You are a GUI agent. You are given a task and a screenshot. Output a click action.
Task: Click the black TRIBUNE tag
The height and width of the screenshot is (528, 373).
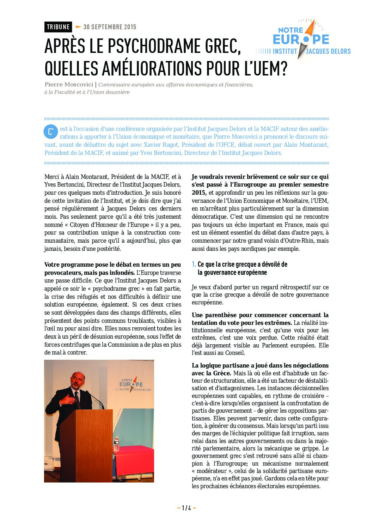click(x=58, y=27)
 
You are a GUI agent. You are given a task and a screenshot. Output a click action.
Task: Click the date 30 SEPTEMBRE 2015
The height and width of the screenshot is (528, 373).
click(x=110, y=27)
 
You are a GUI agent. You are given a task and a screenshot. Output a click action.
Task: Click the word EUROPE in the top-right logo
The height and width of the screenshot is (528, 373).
click(x=301, y=40)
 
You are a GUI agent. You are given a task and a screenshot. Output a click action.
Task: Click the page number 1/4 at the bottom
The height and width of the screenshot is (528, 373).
click(x=186, y=508)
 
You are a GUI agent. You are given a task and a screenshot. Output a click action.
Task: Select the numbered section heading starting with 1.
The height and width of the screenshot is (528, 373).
click(x=240, y=268)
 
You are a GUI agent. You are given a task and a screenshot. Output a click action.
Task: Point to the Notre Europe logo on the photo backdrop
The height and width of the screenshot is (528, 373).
click(x=131, y=384)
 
